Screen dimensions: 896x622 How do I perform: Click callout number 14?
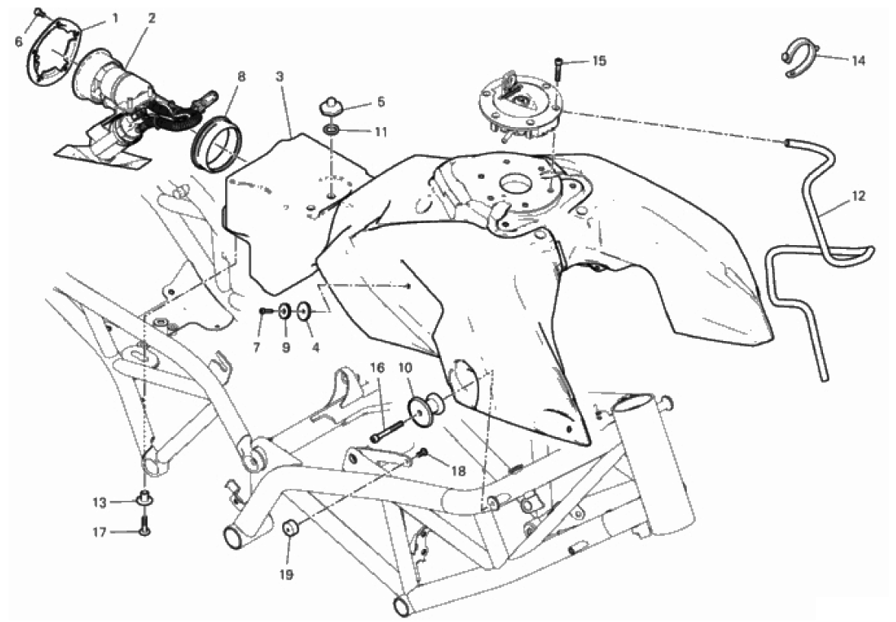pos(859,60)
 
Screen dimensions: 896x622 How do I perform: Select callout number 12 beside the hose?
pos(858,196)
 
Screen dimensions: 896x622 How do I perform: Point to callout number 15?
pos(599,61)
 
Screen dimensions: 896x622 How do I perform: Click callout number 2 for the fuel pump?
pos(151,18)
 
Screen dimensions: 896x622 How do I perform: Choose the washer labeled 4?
pos(303,311)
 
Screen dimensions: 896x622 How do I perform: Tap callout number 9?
pos(286,346)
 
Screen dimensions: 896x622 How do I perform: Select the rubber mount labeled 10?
pos(426,406)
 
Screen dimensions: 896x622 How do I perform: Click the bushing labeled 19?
pos(291,528)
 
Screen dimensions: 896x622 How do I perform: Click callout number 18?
pos(459,471)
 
